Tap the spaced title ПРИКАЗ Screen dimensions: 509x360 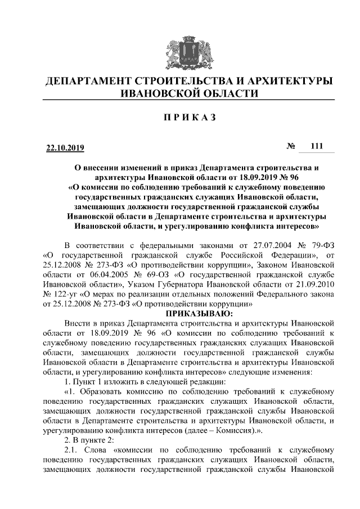tap(180, 117)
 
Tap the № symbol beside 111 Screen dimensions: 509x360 tap(291, 147)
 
